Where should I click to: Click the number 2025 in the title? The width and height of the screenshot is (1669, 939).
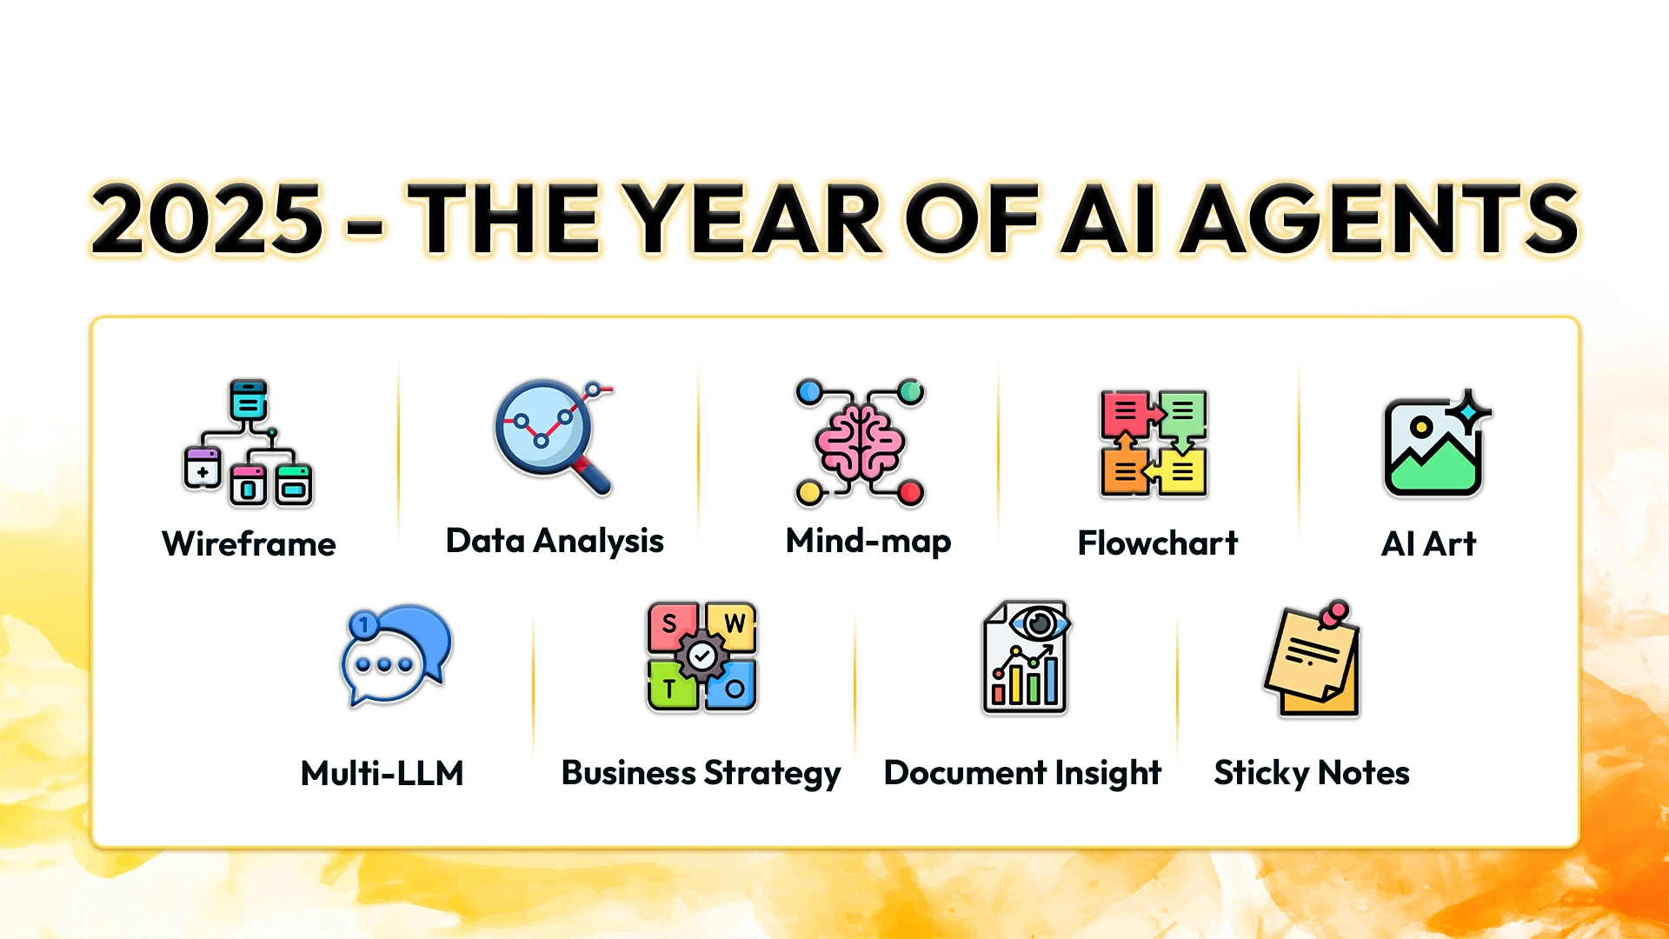point(207,219)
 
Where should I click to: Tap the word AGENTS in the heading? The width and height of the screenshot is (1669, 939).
point(1382,219)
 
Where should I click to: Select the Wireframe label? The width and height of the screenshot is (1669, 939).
point(249,544)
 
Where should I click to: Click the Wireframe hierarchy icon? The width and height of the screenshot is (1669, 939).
point(248,443)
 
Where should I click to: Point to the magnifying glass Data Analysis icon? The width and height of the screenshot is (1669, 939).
point(554,437)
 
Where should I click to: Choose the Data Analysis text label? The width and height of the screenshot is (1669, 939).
point(555,542)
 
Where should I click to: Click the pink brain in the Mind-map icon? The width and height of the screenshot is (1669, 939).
point(859,443)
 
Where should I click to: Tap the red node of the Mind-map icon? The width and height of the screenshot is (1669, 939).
point(910,493)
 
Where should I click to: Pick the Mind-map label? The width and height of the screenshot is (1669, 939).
point(868,542)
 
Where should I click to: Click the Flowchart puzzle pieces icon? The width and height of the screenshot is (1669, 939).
point(1154,443)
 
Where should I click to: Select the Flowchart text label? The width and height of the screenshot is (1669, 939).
point(1158,543)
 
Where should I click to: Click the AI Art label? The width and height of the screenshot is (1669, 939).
point(1428,544)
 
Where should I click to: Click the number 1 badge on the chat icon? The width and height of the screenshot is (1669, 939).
point(363,624)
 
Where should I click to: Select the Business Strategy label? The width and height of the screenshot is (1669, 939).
point(702,774)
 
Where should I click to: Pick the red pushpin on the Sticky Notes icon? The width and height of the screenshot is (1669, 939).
point(1333,614)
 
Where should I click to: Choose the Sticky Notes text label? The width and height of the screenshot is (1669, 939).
point(1312,774)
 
